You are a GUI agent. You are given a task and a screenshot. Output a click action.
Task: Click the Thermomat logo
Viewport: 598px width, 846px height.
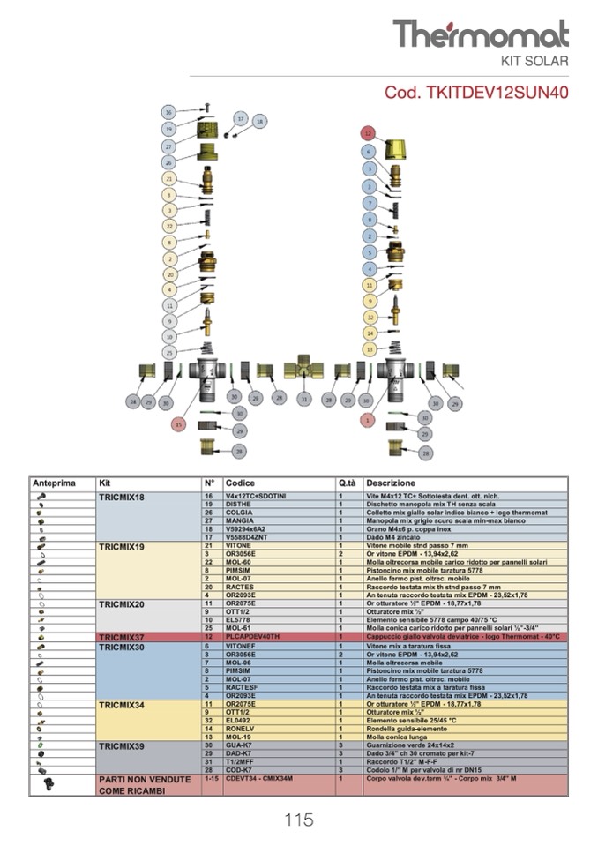[x=481, y=34]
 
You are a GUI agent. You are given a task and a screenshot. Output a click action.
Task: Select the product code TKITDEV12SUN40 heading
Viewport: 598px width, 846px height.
[x=476, y=92]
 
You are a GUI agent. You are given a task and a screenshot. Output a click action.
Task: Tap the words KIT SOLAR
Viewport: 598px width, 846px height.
[x=534, y=62]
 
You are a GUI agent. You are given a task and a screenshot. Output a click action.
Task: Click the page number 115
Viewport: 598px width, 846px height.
[x=299, y=820]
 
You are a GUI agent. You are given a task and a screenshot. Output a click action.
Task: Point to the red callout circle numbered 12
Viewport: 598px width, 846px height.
[x=368, y=132]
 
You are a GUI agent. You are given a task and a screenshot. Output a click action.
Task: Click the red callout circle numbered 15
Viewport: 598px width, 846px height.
[x=179, y=423]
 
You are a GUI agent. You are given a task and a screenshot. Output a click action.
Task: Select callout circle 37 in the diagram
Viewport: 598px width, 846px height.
[x=240, y=117]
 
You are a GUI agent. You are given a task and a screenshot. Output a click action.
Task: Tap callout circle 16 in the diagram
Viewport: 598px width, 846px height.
[x=168, y=112]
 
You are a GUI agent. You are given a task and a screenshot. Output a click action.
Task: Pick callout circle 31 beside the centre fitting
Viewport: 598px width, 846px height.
[x=304, y=400]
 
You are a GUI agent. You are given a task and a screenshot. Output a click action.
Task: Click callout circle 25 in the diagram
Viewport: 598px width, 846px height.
[x=168, y=352]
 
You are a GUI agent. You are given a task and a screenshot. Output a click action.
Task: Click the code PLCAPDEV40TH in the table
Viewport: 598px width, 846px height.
[x=252, y=636]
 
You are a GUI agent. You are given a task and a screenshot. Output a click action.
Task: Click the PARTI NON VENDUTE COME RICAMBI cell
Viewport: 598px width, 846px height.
[x=145, y=785]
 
